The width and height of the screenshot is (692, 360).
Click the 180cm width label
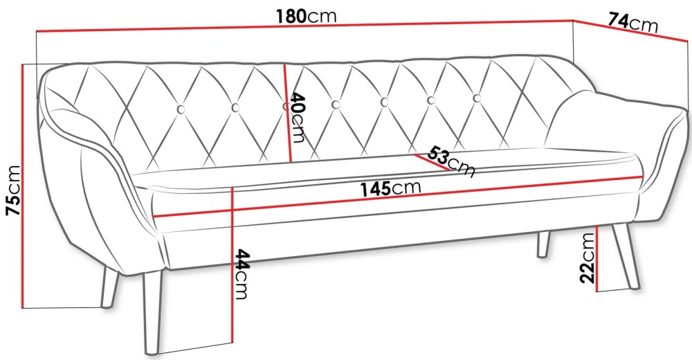306,17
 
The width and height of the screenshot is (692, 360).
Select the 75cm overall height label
12,190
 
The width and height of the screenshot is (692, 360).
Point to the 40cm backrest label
297,117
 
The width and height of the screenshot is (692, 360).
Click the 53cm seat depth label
451,161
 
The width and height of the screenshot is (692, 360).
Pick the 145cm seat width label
390,188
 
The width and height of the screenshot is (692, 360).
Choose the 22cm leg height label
588,258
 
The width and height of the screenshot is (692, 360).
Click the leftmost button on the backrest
181,109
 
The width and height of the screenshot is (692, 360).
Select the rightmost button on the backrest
477,98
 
